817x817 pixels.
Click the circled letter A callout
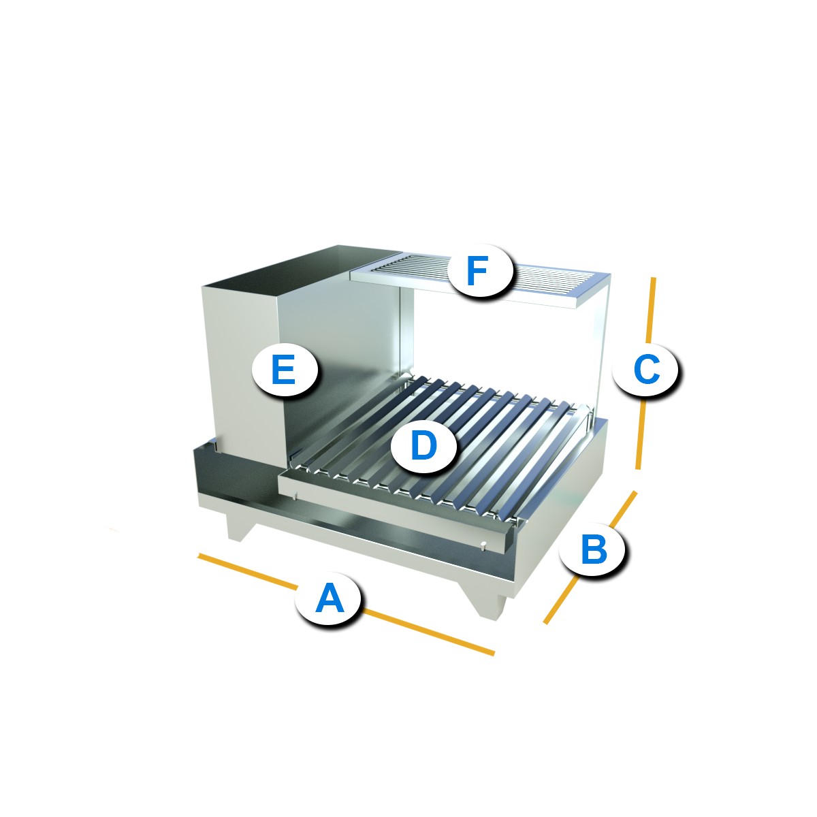point(328,598)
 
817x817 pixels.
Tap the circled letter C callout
point(645,369)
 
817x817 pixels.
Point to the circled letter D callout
point(423,445)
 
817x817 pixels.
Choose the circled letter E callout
point(285,369)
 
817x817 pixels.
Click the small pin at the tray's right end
point(483,545)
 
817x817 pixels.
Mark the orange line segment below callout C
point(641,433)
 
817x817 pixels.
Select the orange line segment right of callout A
point(428,633)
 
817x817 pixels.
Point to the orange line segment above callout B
point(622,509)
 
